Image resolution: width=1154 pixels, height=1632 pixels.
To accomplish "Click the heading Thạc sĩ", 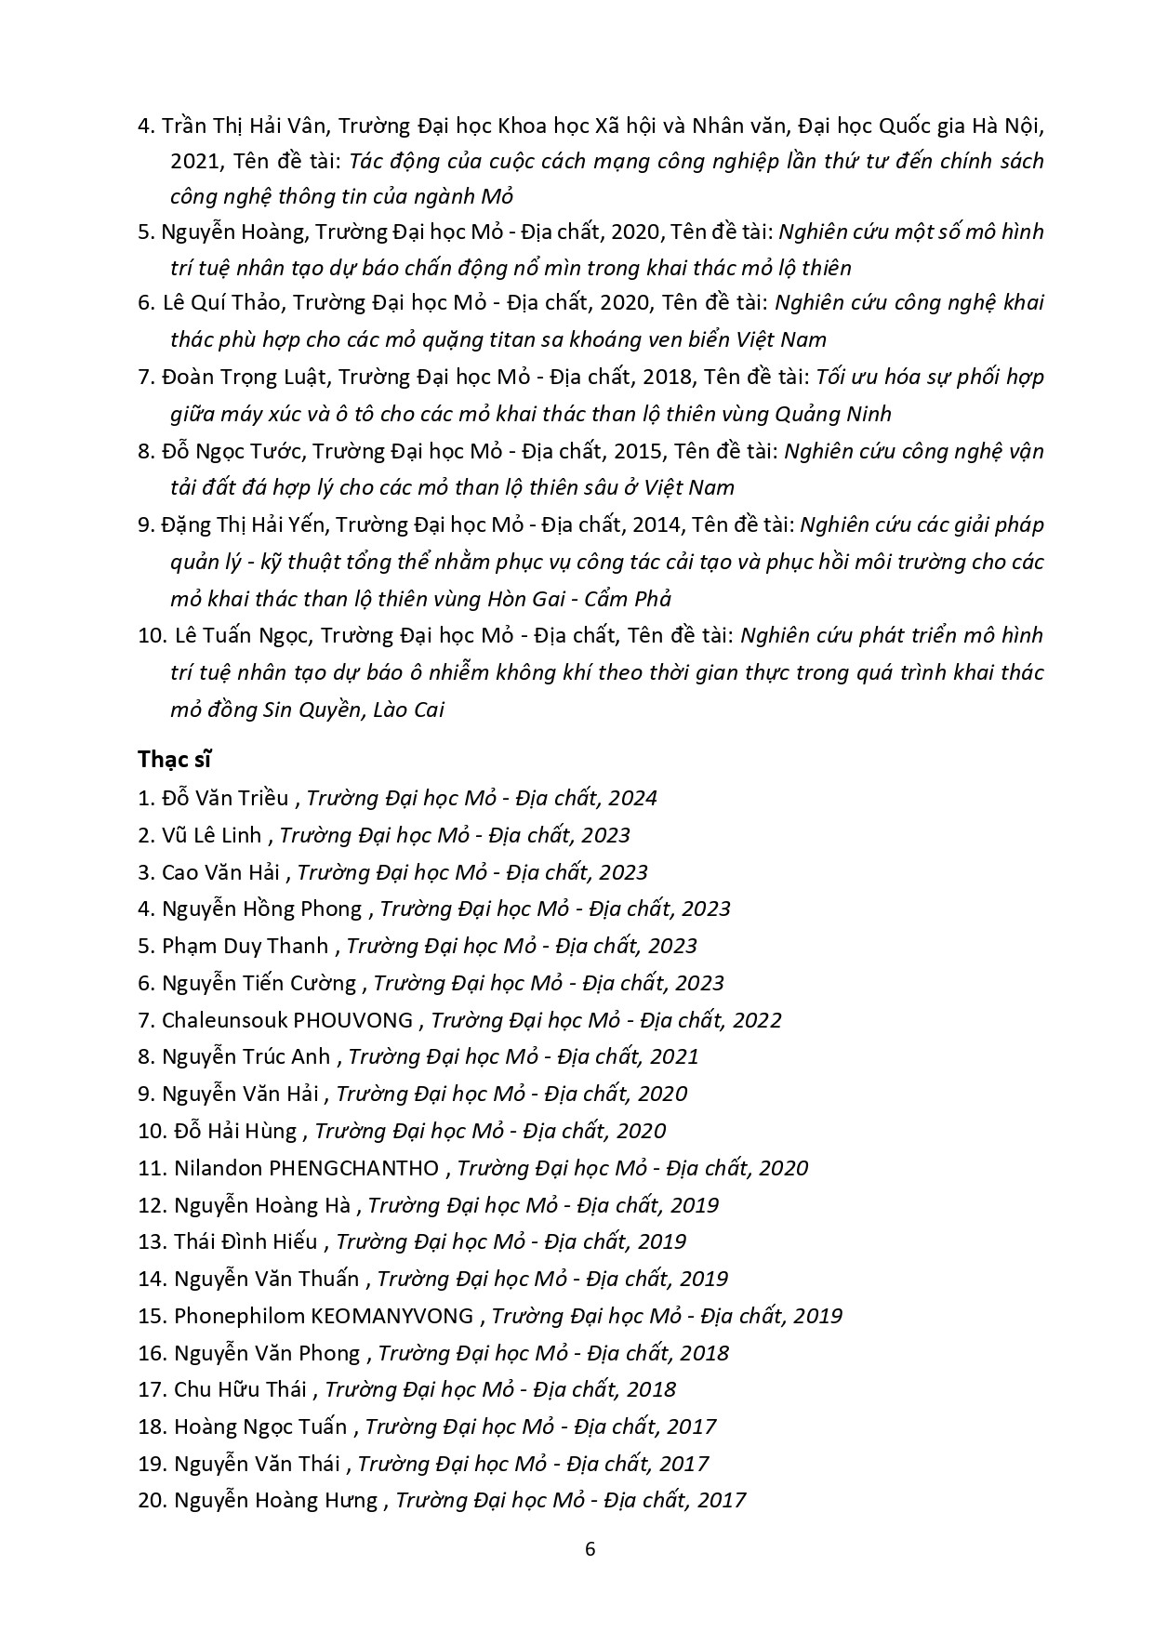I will point(174,759).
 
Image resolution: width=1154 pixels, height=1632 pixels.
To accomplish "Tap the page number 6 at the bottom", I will point(589,1548).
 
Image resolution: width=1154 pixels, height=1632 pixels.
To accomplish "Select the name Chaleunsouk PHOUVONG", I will point(287,1020).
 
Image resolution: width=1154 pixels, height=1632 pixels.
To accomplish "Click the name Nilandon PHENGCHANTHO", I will point(307,1168).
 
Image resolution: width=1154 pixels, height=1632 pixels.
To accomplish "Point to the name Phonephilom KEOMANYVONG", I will point(324,1316).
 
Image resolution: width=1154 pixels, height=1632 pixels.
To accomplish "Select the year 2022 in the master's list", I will point(757,1020).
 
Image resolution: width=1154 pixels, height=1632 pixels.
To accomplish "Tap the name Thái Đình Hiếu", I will point(245,1241).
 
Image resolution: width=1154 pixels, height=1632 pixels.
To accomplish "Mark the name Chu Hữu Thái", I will point(240,1389).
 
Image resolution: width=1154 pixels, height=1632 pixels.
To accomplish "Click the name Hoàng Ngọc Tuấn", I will point(260,1426).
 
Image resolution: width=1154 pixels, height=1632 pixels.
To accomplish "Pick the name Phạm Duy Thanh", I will point(245,946).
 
